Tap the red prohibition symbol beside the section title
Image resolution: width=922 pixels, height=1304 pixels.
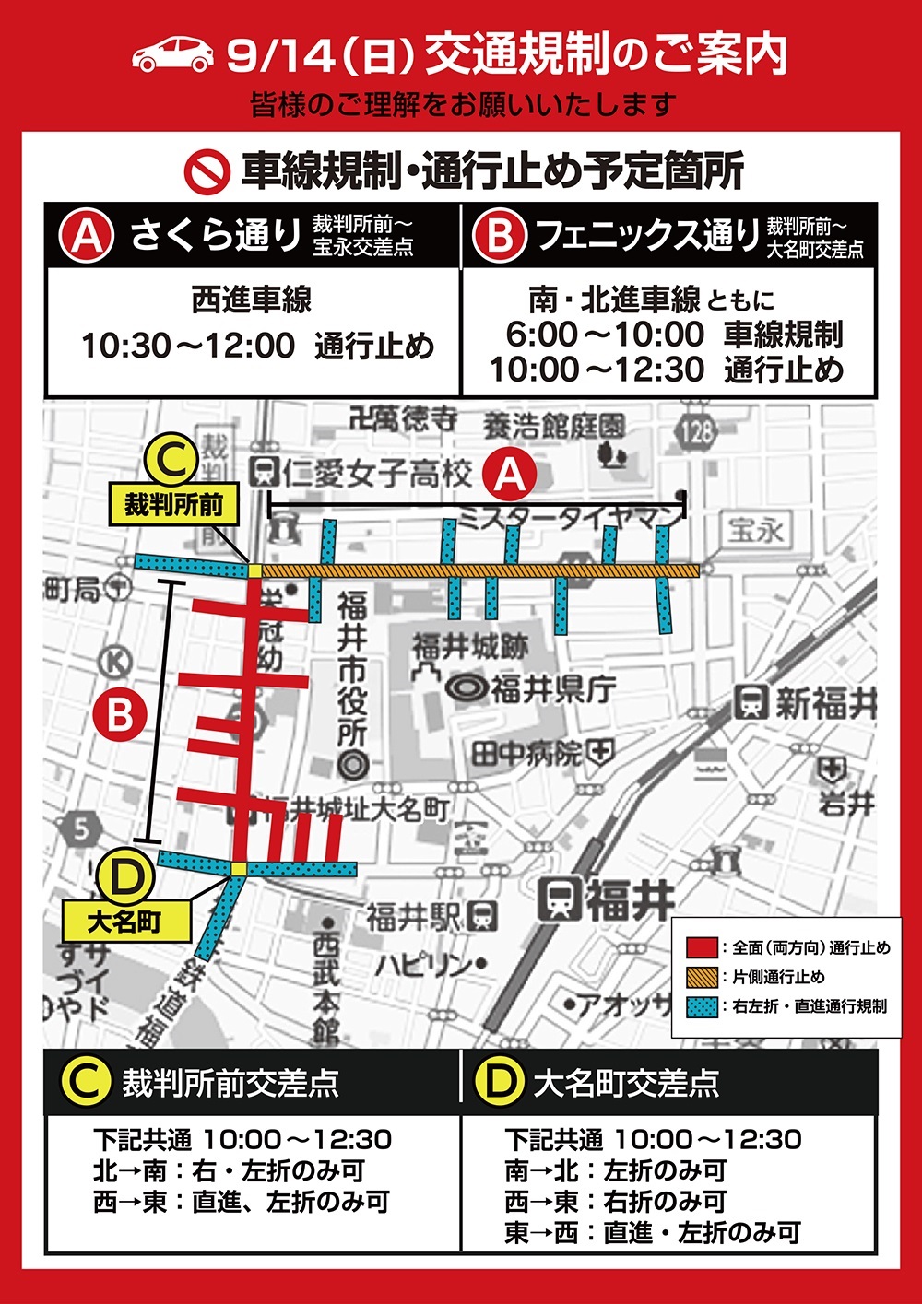click(x=207, y=170)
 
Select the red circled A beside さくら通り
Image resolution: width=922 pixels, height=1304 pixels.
click(x=86, y=236)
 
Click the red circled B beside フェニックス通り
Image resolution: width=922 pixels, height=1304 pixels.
click(x=499, y=236)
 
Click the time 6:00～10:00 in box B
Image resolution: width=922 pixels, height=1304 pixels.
click(x=605, y=335)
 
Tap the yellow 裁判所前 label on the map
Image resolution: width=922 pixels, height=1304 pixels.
click(x=173, y=505)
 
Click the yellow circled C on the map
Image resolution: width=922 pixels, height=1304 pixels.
click(x=171, y=461)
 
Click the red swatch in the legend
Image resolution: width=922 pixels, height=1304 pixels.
click(x=703, y=947)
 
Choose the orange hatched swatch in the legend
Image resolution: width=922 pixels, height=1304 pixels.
click(x=703, y=977)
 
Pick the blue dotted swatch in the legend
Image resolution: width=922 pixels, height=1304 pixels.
click(x=703, y=1006)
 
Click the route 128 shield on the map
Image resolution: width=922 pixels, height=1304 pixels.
click(x=697, y=430)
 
